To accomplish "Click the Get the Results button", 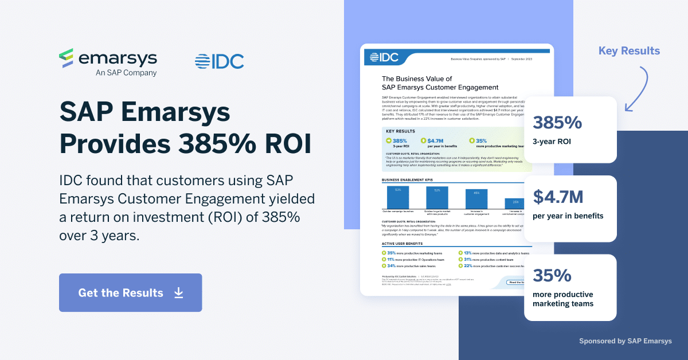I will pyautogui.click(x=130, y=293).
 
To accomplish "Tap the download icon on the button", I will pyautogui.click(x=178, y=293).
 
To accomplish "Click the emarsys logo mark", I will pyautogui.click(x=67, y=58).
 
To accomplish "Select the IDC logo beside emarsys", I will pyautogui.click(x=219, y=61).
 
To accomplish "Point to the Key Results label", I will pyautogui.click(x=629, y=51).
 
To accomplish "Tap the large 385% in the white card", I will pyautogui.click(x=557, y=123).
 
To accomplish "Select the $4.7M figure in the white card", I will pyautogui.click(x=558, y=197).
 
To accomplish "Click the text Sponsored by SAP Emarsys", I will pyautogui.click(x=625, y=341).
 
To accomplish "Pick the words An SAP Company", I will pyautogui.click(x=126, y=73).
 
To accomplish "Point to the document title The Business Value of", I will pyautogui.click(x=417, y=79).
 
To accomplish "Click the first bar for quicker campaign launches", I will pyautogui.click(x=398, y=197).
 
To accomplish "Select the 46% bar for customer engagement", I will pyautogui.click(x=476, y=199).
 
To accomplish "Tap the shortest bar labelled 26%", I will pyautogui.click(x=515, y=204).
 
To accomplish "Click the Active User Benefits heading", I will pyautogui.click(x=406, y=243).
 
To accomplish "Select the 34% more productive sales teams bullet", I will pyautogui.click(x=411, y=266).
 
